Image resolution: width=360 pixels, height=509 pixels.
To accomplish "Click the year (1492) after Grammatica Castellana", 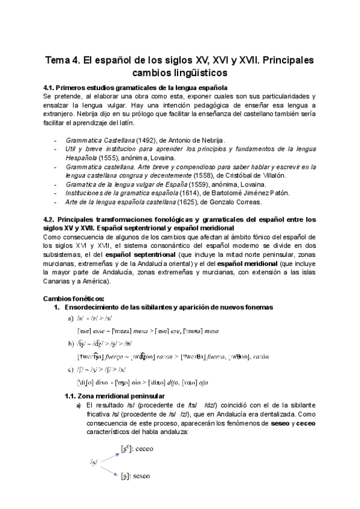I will tap(148, 139).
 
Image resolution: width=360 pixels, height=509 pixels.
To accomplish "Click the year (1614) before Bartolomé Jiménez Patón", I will tap(192, 193).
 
